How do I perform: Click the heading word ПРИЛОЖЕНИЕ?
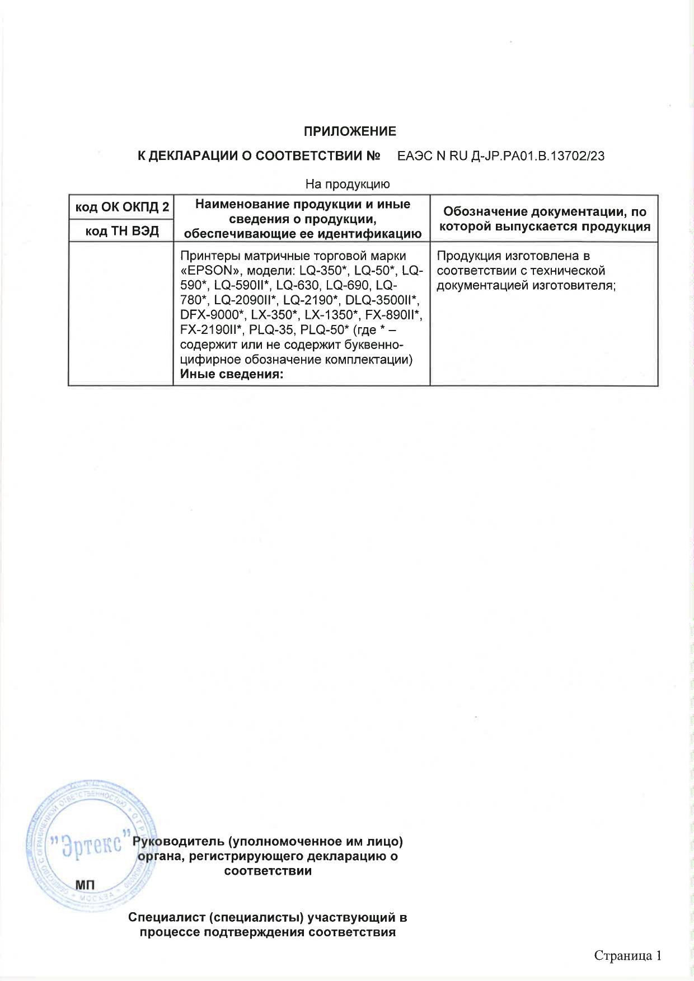coord(349,131)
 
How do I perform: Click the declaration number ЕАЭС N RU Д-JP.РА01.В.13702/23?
coord(500,156)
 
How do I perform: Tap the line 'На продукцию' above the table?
coord(347,183)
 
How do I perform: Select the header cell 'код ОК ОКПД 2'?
coord(121,207)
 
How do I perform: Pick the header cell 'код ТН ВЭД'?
coord(121,231)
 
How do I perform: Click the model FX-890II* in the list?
coord(393,314)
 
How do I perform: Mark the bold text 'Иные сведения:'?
coord(232,374)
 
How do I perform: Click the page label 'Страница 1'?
coord(627,955)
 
